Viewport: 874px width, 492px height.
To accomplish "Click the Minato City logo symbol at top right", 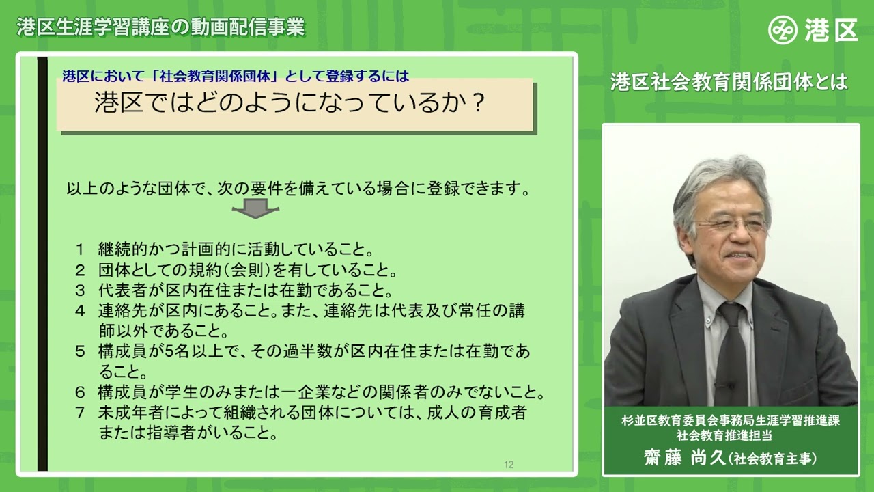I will point(783,30).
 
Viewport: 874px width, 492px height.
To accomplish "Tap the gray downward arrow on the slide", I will point(255,208).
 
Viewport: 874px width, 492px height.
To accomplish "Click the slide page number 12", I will point(509,465).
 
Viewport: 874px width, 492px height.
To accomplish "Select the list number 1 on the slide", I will point(80,247).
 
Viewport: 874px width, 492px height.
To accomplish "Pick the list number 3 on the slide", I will point(80,289).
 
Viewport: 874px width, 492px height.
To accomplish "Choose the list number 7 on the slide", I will point(80,413).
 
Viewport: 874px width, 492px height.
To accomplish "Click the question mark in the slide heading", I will point(478,103).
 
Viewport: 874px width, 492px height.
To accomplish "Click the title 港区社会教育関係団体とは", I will point(729,82).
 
